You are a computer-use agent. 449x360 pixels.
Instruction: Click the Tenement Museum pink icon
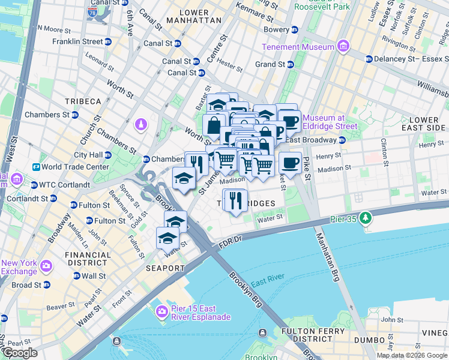[343, 47]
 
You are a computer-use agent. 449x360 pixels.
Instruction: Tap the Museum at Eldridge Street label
[330, 122]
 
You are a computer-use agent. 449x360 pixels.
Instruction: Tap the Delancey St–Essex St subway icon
[369, 59]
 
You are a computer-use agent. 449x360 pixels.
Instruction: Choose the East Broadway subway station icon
[342, 140]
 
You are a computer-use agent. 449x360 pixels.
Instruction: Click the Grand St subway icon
[291, 64]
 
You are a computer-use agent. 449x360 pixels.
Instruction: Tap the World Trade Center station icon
[36, 167]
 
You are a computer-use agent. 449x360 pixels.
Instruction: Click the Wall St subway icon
[76, 276]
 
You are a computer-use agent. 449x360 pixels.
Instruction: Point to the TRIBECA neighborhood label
[84, 101]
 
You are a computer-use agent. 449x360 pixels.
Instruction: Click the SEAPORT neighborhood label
[165, 268]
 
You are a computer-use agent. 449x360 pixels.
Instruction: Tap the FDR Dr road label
[229, 239]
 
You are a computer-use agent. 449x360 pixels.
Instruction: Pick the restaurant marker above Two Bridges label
[235, 199]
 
